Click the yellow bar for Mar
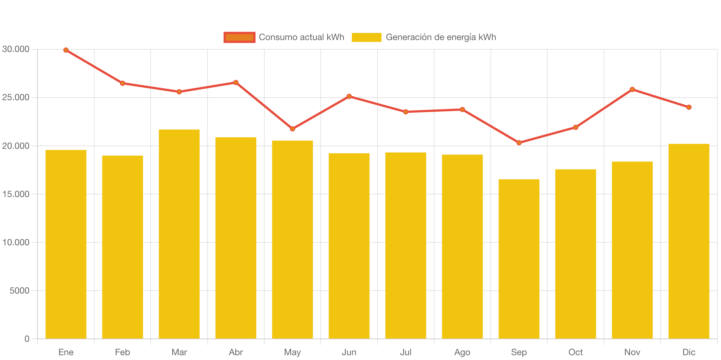(x=179, y=234)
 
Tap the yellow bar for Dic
(x=689, y=241)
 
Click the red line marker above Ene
(x=66, y=50)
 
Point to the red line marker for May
(x=293, y=129)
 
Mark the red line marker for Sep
(x=519, y=143)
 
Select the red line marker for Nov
(x=632, y=89)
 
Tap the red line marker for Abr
(x=236, y=82)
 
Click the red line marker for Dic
(x=689, y=107)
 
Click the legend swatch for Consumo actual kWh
(x=239, y=37)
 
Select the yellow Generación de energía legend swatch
(x=366, y=37)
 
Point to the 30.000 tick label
(x=16, y=49)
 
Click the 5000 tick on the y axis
(x=19, y=291)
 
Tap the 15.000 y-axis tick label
(x=16, y=194)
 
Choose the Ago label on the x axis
(x=462, y=352)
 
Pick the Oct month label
(x=575, y=352)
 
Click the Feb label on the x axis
(x=123, y=352)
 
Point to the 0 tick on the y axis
(x=27, y=339)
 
